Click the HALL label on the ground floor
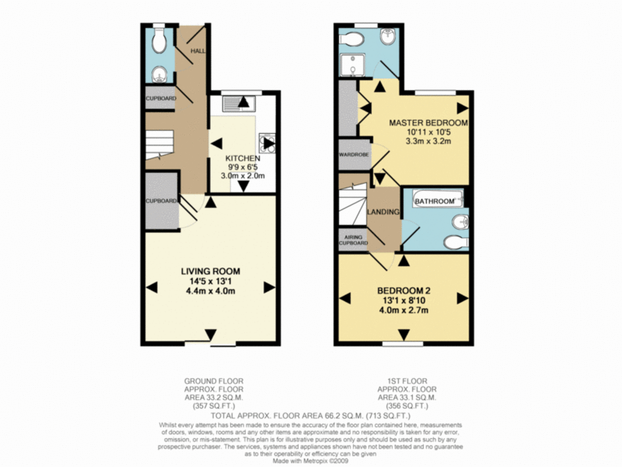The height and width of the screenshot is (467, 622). [198, 51]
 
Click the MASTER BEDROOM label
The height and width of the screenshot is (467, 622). [428, 123]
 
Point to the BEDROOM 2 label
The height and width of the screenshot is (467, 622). [403, 291]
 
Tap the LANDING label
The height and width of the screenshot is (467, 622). [383, 212]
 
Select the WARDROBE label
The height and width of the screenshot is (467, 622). [354, 155]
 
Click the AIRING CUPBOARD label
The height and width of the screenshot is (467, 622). [353, 239]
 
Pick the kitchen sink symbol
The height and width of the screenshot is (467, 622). [237, 104]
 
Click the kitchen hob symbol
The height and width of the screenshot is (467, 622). [268, 143]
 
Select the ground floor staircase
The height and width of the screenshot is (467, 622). [159, 145]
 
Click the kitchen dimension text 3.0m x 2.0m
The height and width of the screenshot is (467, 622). [243, 176]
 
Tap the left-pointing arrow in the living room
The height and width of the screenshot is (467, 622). [151, 287]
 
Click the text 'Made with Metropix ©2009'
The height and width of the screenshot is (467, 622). [311, 460]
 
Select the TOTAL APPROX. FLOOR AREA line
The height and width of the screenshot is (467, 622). [311, 416]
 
